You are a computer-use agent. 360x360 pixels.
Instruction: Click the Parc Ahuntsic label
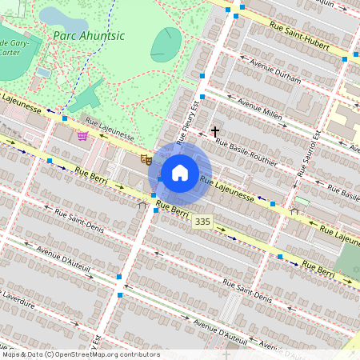coord(90,34)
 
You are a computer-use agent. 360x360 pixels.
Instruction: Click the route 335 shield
coord(203,221)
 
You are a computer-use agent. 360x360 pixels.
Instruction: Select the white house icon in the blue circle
coord(180,173)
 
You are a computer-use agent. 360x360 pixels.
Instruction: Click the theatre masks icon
coord(146,159)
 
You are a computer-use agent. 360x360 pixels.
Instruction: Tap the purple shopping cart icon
coord(83,136)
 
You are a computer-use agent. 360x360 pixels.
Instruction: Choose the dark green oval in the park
coord(166,44)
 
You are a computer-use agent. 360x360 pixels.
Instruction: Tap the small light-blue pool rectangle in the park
coord(43,72)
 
